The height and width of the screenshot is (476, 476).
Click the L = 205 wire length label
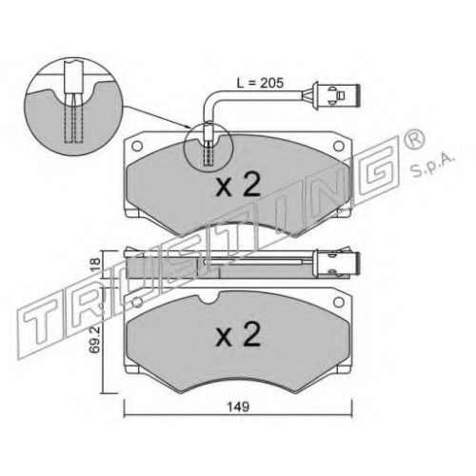[x=260, y=83]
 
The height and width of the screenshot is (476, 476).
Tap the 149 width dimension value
[x=239, y=407]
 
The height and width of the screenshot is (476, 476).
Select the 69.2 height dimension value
[x=96, y=337]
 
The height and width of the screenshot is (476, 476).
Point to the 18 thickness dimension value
[x=96, y=265]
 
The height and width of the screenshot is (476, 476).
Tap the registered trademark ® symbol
[x=414, y=140]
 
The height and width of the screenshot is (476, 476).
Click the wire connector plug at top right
[x=336, y=95]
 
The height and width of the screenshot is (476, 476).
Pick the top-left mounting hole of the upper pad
[x=137, y=146]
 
